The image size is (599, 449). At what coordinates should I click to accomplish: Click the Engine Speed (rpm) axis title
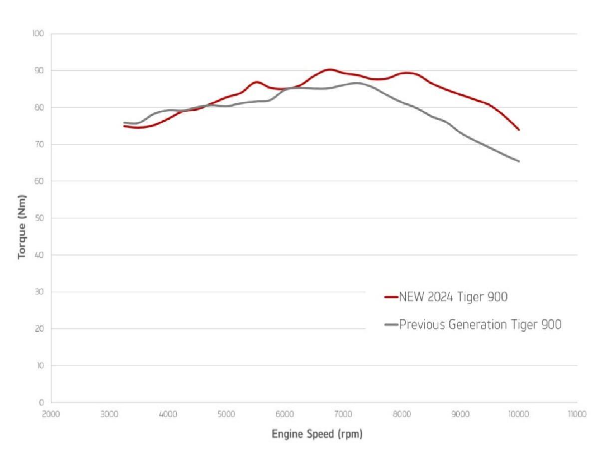pos(317,434)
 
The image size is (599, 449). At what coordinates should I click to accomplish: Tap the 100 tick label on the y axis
pos(39,34)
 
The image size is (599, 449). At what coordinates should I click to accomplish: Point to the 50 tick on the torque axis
pos(40,218)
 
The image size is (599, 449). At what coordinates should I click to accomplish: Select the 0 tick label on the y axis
pos(42,403)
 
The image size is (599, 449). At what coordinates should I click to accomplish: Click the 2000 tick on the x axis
pos(51,414)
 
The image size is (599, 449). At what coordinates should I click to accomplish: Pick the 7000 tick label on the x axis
pos(343,414)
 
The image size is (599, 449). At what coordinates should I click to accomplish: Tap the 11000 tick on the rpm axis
pos(577,414)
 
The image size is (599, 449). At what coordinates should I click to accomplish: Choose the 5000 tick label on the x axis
pos(226,414)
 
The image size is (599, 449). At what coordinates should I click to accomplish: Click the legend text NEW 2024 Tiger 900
pos(453,297)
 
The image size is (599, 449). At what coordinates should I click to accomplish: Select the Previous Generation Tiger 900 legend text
pos(480,325)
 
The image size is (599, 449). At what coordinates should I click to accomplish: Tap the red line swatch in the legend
pos(391,297)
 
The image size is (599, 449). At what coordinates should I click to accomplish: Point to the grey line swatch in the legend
pos(391,325)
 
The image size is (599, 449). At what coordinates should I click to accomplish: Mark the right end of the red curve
pos(519,130)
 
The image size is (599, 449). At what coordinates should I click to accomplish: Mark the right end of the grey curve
pos(519,161)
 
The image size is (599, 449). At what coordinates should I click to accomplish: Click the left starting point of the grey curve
pos(124,123)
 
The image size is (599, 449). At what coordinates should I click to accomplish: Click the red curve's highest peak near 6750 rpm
pos(329,70)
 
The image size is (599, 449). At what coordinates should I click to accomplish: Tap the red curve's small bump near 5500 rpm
pos(256,82)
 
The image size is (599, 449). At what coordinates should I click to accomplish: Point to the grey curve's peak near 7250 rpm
pos(357,83)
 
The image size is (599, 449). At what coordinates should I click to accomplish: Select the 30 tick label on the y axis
pos(40,292)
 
